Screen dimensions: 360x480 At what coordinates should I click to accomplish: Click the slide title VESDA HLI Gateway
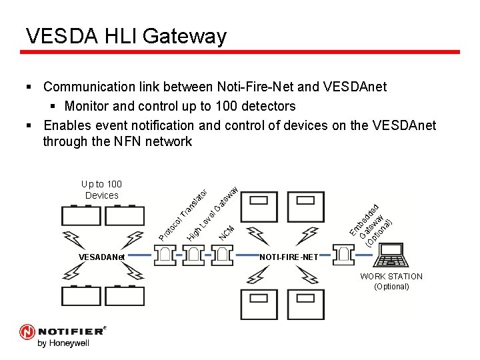pos(126,35)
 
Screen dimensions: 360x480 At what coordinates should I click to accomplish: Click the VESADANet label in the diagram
pos(101,257)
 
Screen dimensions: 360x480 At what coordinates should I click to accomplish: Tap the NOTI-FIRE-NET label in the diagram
pos(289,257)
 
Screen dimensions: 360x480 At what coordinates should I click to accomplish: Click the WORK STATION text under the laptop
pos(391,276)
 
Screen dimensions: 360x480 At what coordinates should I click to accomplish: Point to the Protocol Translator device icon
pos(164,254)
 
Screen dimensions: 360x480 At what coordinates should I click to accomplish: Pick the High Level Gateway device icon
pos(193,254)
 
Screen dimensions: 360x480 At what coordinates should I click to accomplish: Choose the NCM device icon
pos(223,254)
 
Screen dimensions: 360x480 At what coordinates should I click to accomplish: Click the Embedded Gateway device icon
pos(344,254)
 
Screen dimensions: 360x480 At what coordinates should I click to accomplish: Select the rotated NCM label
pos(227,231)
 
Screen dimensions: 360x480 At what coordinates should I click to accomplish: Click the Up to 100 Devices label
pos(101,189)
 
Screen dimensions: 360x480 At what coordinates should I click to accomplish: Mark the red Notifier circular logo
pos(27,331)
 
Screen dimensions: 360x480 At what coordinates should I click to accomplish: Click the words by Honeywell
pos(63,343)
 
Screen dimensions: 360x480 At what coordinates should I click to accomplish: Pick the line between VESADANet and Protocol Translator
pos(140,255)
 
